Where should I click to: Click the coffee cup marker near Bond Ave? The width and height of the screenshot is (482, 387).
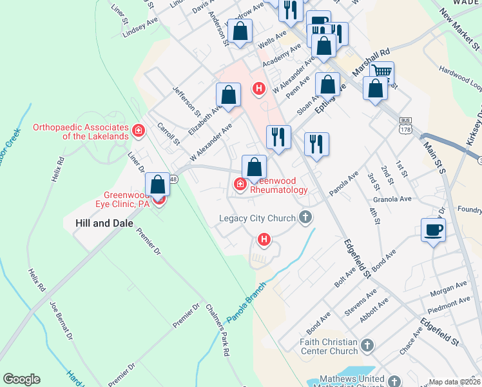coord(433,230)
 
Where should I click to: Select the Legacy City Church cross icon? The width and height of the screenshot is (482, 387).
coord(306,218)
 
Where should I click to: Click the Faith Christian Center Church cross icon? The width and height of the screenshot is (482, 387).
coord(367,345)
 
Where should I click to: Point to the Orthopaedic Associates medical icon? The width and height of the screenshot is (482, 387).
coord(137,132)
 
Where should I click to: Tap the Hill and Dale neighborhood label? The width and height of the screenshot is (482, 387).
coord(100,223)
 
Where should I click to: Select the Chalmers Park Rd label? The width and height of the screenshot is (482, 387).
coord(218,330)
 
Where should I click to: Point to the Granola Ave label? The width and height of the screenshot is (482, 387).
coord(397,199)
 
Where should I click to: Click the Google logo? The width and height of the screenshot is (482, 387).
coord(21,379)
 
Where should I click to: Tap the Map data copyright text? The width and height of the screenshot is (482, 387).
coord(454,382)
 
